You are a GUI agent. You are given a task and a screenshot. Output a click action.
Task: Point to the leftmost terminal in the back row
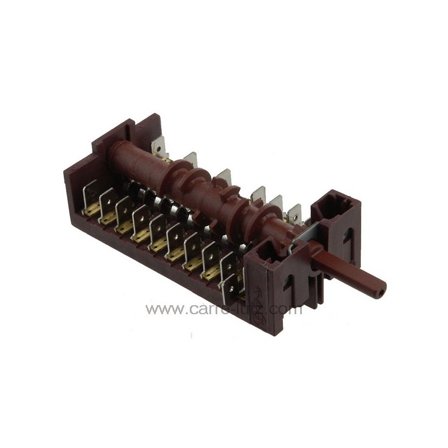(x=158, y=147)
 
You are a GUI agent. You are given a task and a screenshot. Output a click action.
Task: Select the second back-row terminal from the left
(x=190, y=160)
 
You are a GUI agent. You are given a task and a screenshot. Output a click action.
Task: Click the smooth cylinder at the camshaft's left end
(x=140, y=157)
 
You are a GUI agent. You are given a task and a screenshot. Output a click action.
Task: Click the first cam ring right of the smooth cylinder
(x=180, y=171)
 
